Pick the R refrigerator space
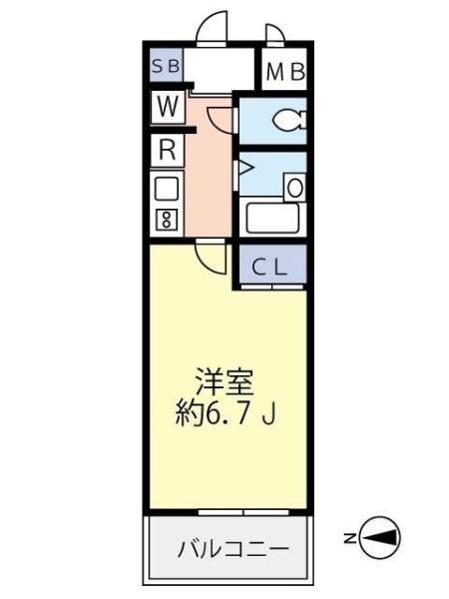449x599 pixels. pos(166,151)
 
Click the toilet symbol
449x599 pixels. pos(290,121)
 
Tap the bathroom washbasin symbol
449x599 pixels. pos(295,186)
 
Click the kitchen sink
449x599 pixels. pos(166,188)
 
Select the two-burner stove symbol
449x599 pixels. pos(166,220)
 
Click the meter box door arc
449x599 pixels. pos(275,34)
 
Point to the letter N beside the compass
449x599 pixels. pos(350,540)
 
